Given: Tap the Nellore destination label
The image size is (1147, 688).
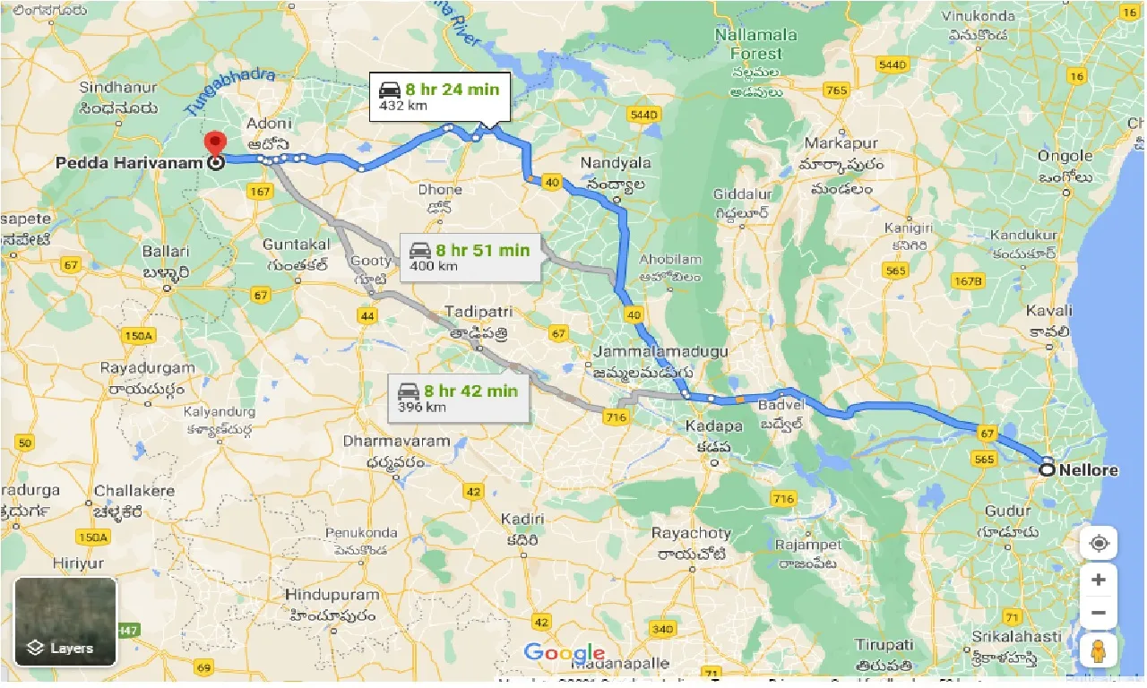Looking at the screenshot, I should coord(1088,469).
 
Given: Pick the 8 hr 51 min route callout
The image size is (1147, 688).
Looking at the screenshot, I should coord(470,257).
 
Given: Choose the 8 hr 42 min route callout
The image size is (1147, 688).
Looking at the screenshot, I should coord(458,398).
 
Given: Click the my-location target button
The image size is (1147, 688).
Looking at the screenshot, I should coord(1099,544).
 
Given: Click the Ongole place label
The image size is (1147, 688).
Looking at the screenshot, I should coord(1065,156).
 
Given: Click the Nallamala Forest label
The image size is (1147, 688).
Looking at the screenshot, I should coord(755,44).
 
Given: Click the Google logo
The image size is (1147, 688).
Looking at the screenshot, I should coord(565,653).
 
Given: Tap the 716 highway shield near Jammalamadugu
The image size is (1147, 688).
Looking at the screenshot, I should coord(615,417).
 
